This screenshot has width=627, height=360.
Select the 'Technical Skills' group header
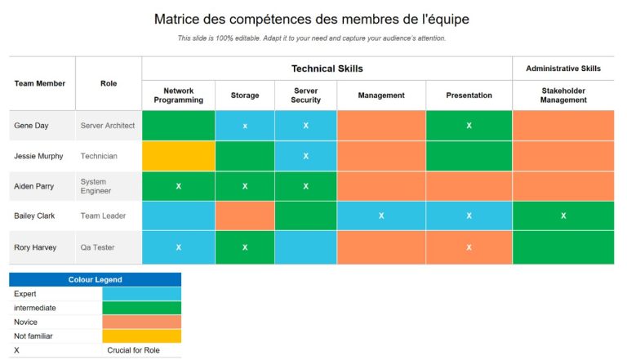[327, 69]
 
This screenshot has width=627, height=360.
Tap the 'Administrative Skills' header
[563, 69]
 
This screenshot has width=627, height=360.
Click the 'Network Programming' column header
[178, 96]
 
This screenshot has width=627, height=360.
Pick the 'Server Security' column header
[305, 96]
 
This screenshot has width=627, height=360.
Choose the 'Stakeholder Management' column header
[563, 96]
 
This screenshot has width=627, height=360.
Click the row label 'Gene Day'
[31, 126]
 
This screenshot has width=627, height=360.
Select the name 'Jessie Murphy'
[38, 156]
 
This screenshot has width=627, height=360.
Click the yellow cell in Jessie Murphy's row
[178, 156]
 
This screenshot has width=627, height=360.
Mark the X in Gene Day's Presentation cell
[469, 126]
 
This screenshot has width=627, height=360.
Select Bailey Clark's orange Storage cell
[245, 216]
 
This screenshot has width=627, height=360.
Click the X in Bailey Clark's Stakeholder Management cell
[563, 216]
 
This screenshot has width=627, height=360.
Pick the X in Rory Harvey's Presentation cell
[469, 247]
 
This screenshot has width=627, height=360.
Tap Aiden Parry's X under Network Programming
[178, 186]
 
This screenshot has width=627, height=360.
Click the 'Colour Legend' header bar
[95, 279]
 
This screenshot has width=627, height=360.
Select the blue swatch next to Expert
[141, 294]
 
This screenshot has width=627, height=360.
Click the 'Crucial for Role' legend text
[133, 350]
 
